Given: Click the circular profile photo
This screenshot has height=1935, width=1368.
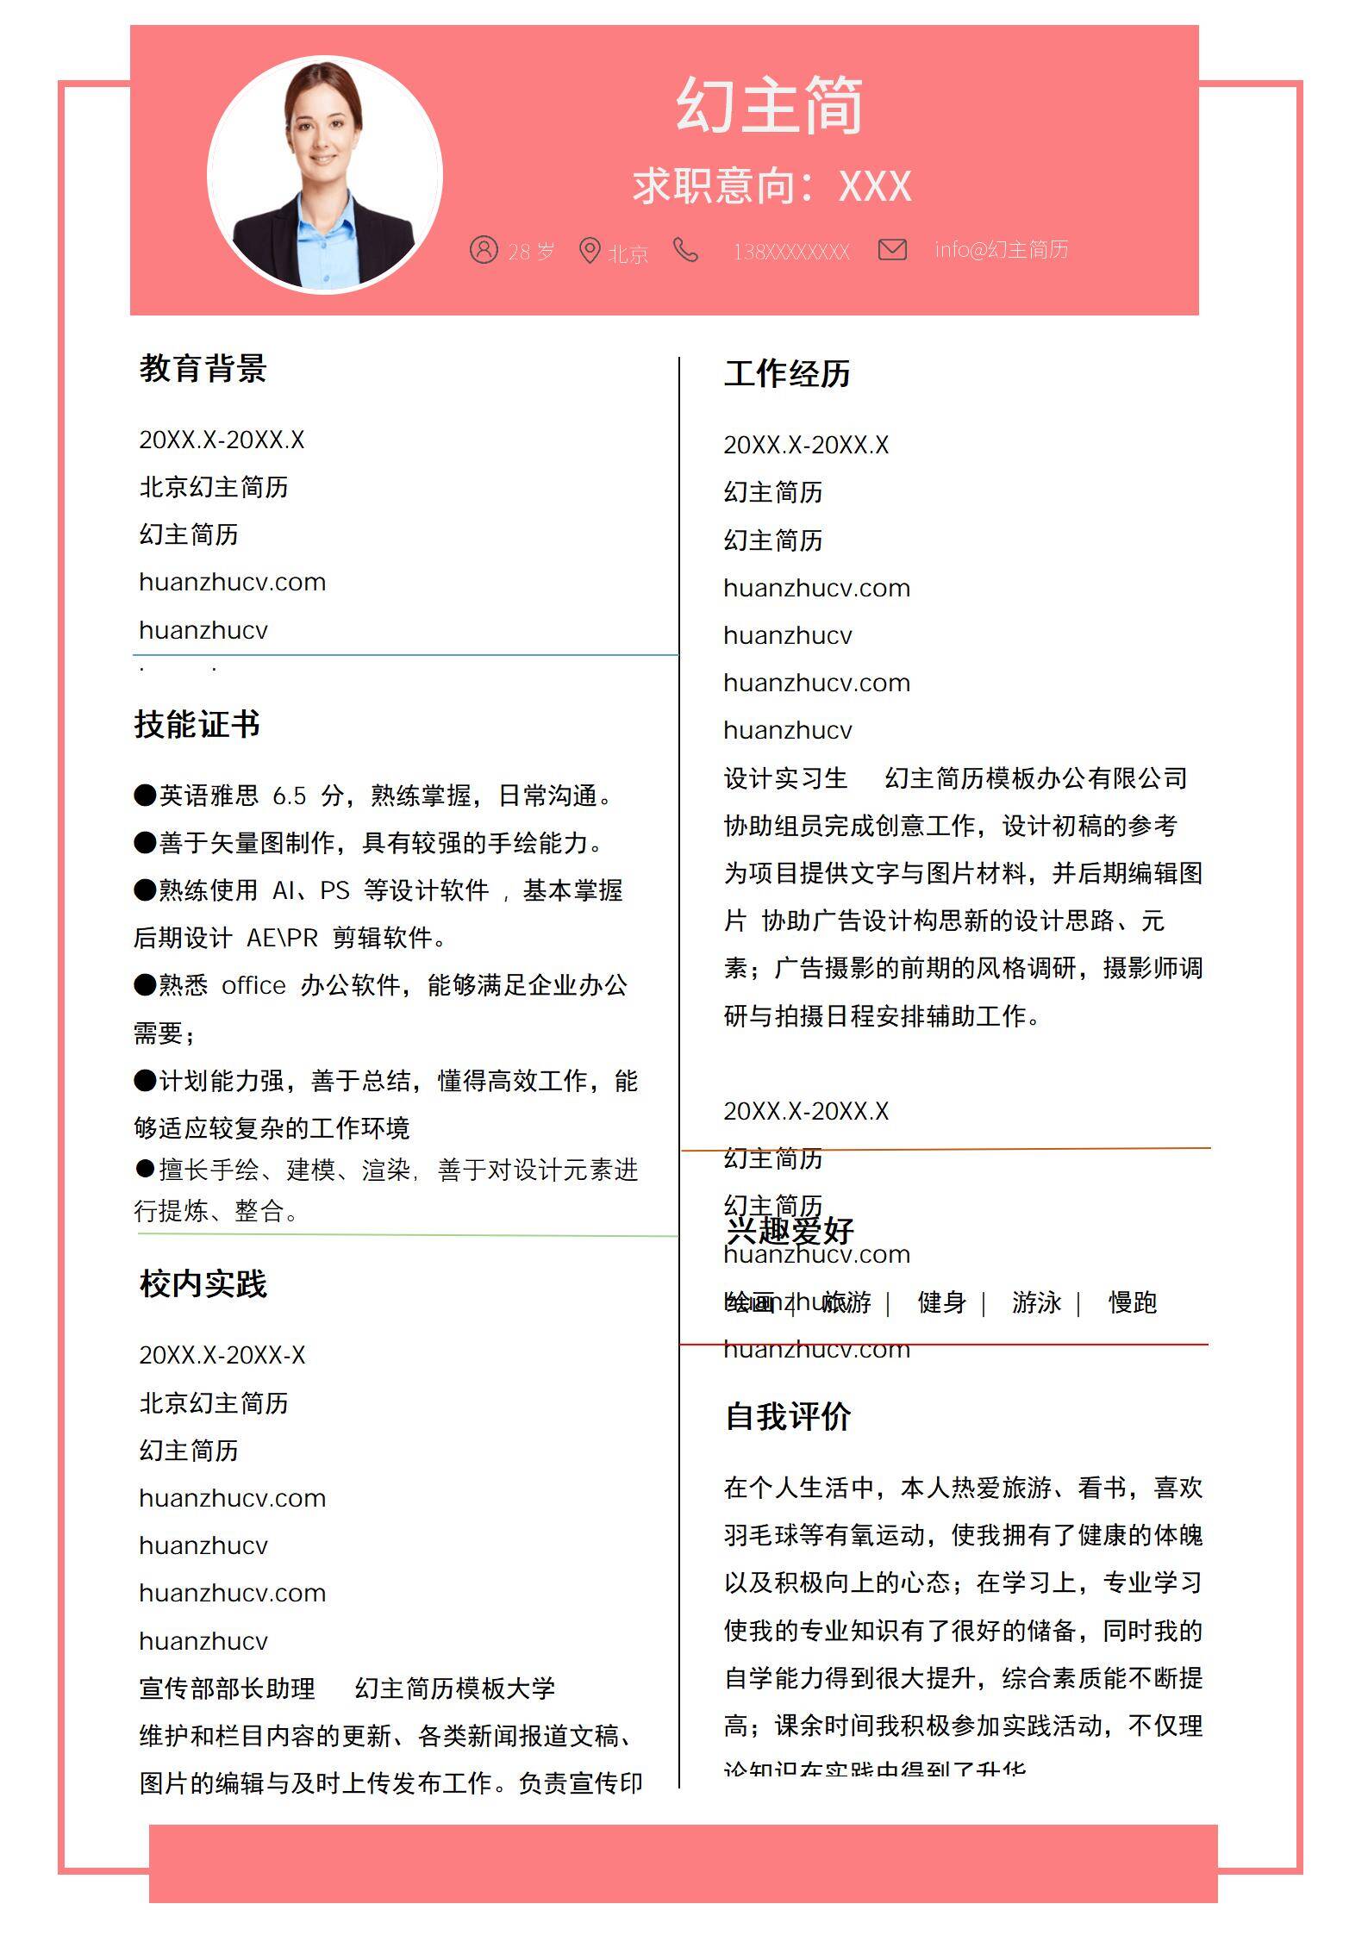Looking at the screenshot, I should [x=325, y=175].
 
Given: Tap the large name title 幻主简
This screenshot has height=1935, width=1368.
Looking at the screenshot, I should [x=769, y=106].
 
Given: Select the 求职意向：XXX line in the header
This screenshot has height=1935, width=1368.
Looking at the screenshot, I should [x=771, y=186].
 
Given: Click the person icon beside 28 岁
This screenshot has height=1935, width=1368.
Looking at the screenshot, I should [x=484, y=250].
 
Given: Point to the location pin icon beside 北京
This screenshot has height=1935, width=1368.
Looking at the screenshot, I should [x=590, y=251].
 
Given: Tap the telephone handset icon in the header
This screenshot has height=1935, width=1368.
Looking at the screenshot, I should [x=686, y=250].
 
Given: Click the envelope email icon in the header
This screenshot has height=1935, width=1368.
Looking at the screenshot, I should [x=892, y=250].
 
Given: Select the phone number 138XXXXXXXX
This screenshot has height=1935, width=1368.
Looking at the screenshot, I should [x=790, y=252].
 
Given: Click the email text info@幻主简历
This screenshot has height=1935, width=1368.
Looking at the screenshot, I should [x=1001, y=250].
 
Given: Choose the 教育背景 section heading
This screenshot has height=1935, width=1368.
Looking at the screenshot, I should [x=203, y=369].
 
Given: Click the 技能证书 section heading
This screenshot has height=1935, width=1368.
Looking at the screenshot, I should [x=197, y=724].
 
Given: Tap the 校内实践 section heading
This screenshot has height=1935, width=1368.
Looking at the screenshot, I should [x=203, y=1284].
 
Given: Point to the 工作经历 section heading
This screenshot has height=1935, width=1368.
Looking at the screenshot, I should [x=787, y=374].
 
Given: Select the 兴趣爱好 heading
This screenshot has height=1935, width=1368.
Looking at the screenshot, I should [x=790, y=1230].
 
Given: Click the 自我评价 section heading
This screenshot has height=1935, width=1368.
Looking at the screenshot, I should [x=788, y=1417].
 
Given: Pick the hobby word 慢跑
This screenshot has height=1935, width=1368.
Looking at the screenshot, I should [x=1132, y=1302].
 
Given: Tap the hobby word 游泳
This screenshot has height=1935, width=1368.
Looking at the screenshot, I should [x=1036, y=1302].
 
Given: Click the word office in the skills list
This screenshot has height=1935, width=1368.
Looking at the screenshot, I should [x=253, y=986].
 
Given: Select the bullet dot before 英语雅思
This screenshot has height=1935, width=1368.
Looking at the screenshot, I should [x=145, y=795].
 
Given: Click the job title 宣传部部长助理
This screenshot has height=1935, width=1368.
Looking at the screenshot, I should [x=228, y=1688].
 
